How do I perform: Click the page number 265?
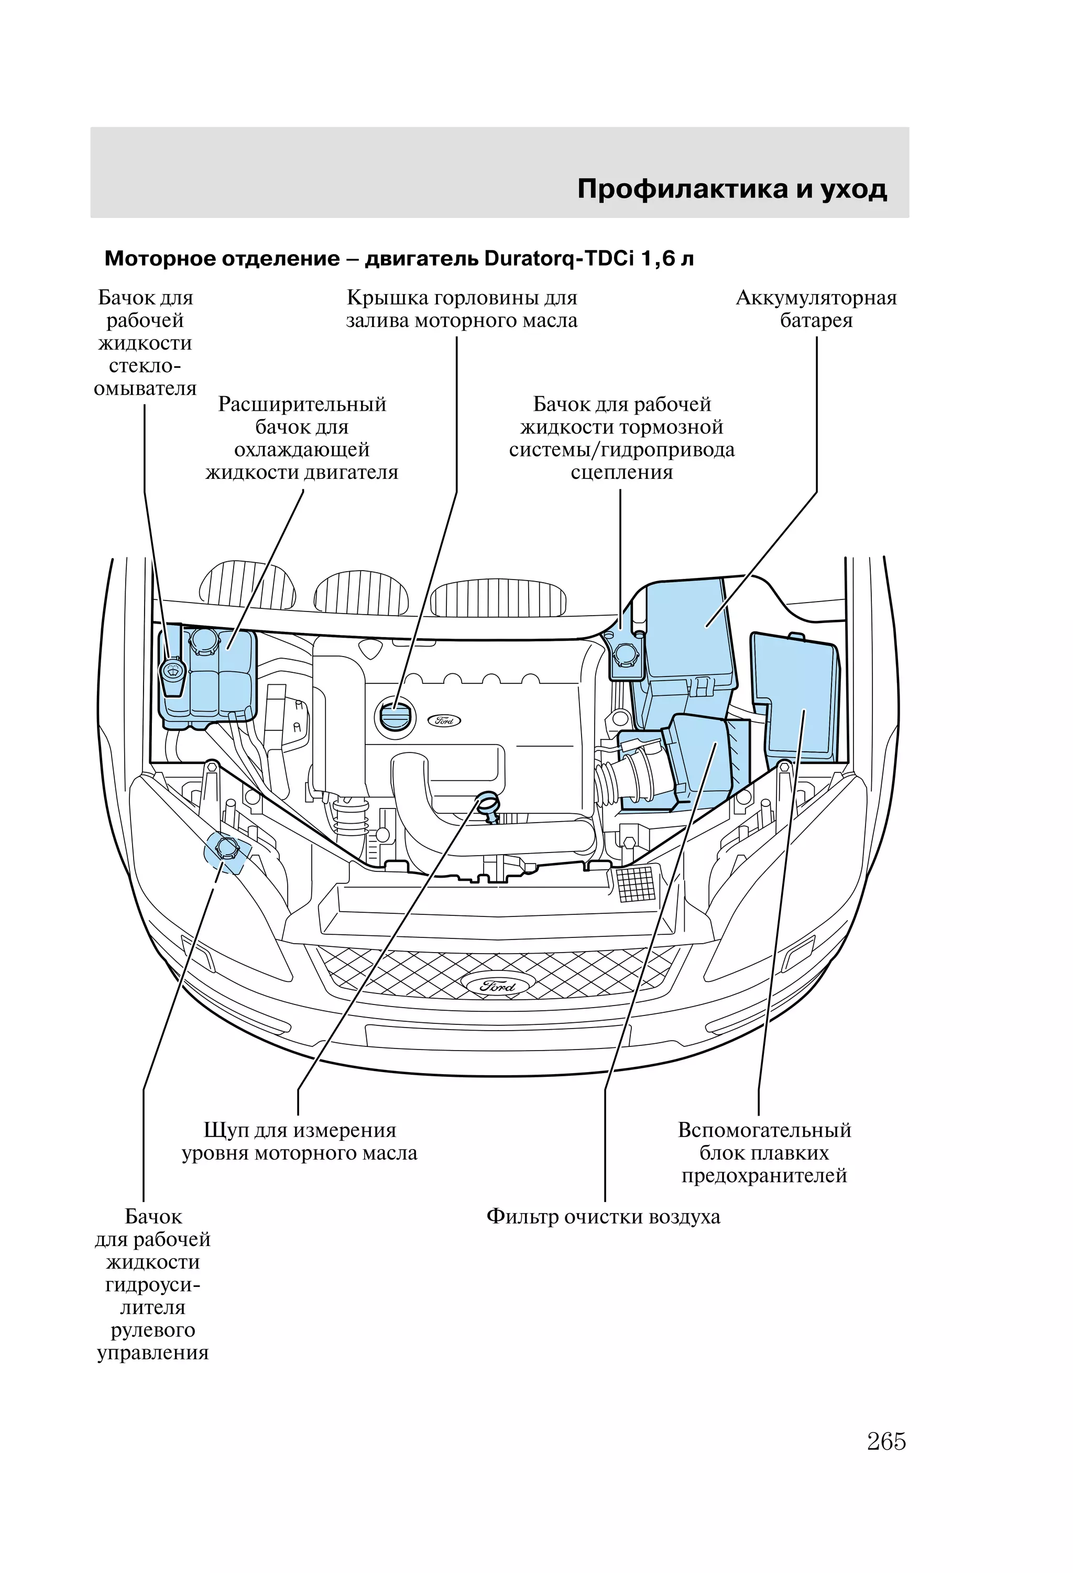pyautogui.click(x=885, y=1441)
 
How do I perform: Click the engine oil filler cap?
pyautogui.click(x=392, y=717)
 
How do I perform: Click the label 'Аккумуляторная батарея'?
pyautogui.click(x=816, y=309)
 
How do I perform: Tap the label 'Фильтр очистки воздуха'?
pyautogui.click(x=603, y=1216)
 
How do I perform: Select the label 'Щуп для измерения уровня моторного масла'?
pyautogui.click(x=299, y=1141)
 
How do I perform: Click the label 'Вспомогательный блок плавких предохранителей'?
pyautogui.click(x=764, y=1153)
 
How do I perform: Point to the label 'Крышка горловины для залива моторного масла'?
pyautogui.click(x=462, y=309)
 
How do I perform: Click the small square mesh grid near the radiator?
pyautogui.click(x=637, y=883)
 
